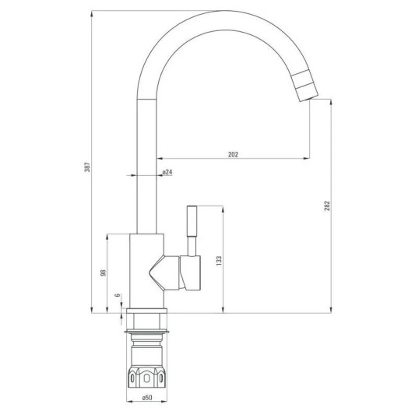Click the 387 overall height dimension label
point(88,167)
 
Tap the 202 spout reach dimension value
point(233,154)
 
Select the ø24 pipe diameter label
point(167,172)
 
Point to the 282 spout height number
point(327,206)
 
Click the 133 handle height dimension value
point(219,261)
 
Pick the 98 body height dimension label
point(104,273)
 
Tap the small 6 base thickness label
point(118,295)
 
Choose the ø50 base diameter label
point(147,398)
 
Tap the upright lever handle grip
point(192,221)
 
